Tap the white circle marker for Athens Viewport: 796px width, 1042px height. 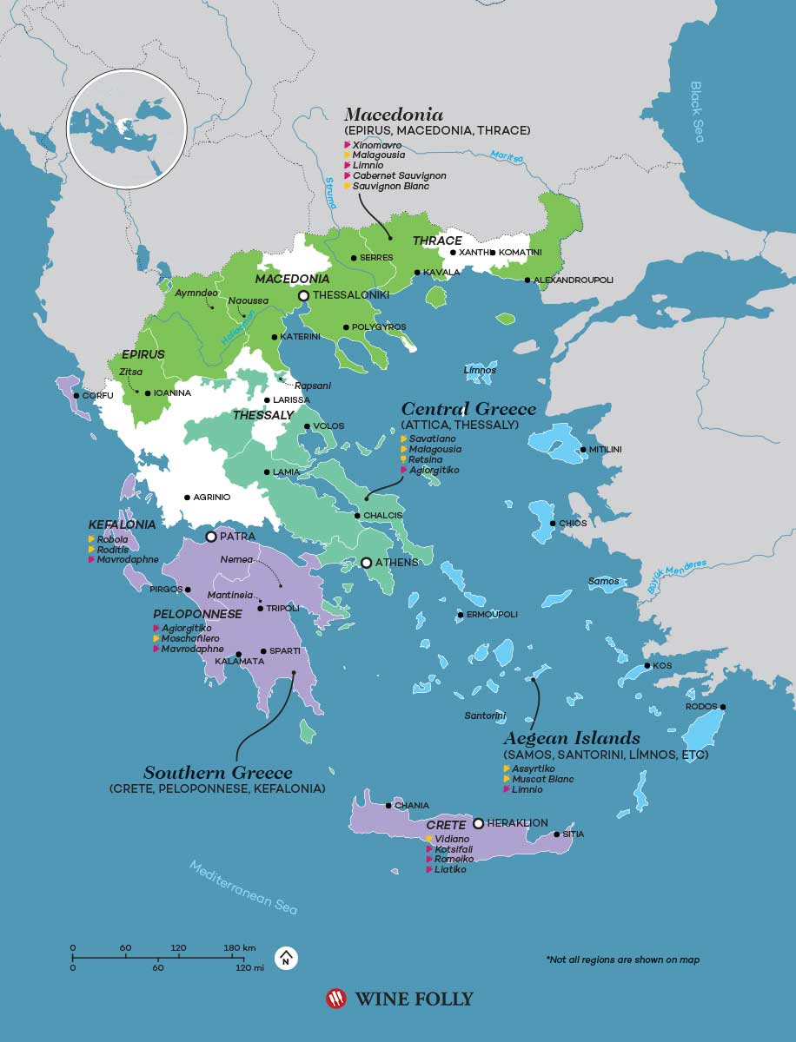click(367, 563)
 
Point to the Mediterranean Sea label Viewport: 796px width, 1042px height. click(244, 887)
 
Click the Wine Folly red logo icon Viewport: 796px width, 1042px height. click(335, 999)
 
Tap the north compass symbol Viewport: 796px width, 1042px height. click(286, 958)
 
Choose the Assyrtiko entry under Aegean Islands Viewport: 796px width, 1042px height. click(534, 768)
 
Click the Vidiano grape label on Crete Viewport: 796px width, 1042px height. click(452, 839)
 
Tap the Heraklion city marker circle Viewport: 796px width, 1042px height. click(478, 822)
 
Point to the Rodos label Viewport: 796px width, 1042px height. click(701, 706)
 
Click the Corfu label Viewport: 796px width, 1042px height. click(97, 396)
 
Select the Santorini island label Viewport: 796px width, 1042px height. click(485, 716)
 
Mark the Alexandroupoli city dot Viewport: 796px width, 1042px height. click(527, 280)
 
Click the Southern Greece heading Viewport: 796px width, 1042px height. click(218, 772)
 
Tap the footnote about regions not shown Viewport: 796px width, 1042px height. click(622, 960)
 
